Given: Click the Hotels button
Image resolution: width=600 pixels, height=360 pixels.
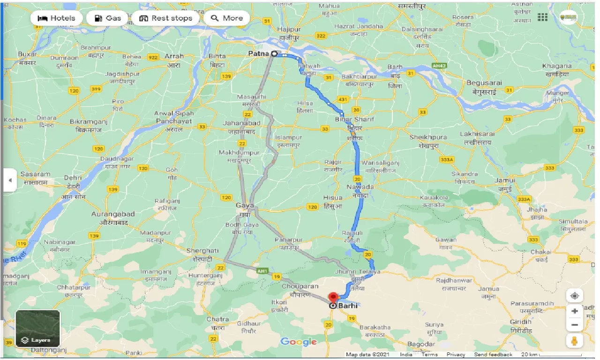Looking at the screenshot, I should [x=56, y=18].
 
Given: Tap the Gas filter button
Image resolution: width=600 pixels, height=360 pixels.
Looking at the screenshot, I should [x=108, y=18].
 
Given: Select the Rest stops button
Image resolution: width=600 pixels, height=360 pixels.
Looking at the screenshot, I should [x=166, y=18].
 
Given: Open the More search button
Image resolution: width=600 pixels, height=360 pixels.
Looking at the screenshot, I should [x=227, y=18].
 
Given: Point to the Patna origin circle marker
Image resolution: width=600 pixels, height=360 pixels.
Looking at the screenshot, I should [x=274, y=54].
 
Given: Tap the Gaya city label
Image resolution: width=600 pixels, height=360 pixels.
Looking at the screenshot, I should [x=245, y=205].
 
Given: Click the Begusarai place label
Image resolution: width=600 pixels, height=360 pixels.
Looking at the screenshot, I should [x=484, y=83].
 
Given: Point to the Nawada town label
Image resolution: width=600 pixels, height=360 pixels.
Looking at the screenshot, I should [x=360, y=187].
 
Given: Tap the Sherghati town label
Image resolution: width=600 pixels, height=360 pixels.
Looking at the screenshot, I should [x=202, y=251].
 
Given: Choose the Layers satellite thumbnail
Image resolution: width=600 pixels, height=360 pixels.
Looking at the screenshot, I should [x=37, y=328].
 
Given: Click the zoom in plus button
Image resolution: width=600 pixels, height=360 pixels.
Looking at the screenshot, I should [x=575, y=311].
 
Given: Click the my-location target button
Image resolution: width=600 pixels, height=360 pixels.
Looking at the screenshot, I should [x=575, y=296].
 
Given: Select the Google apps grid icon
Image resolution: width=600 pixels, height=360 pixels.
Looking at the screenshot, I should [x=543, y=17].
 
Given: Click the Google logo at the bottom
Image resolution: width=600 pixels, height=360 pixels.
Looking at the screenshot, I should [x=299, y=342].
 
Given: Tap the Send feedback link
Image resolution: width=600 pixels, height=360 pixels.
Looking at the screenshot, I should [x=494, y=355].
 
